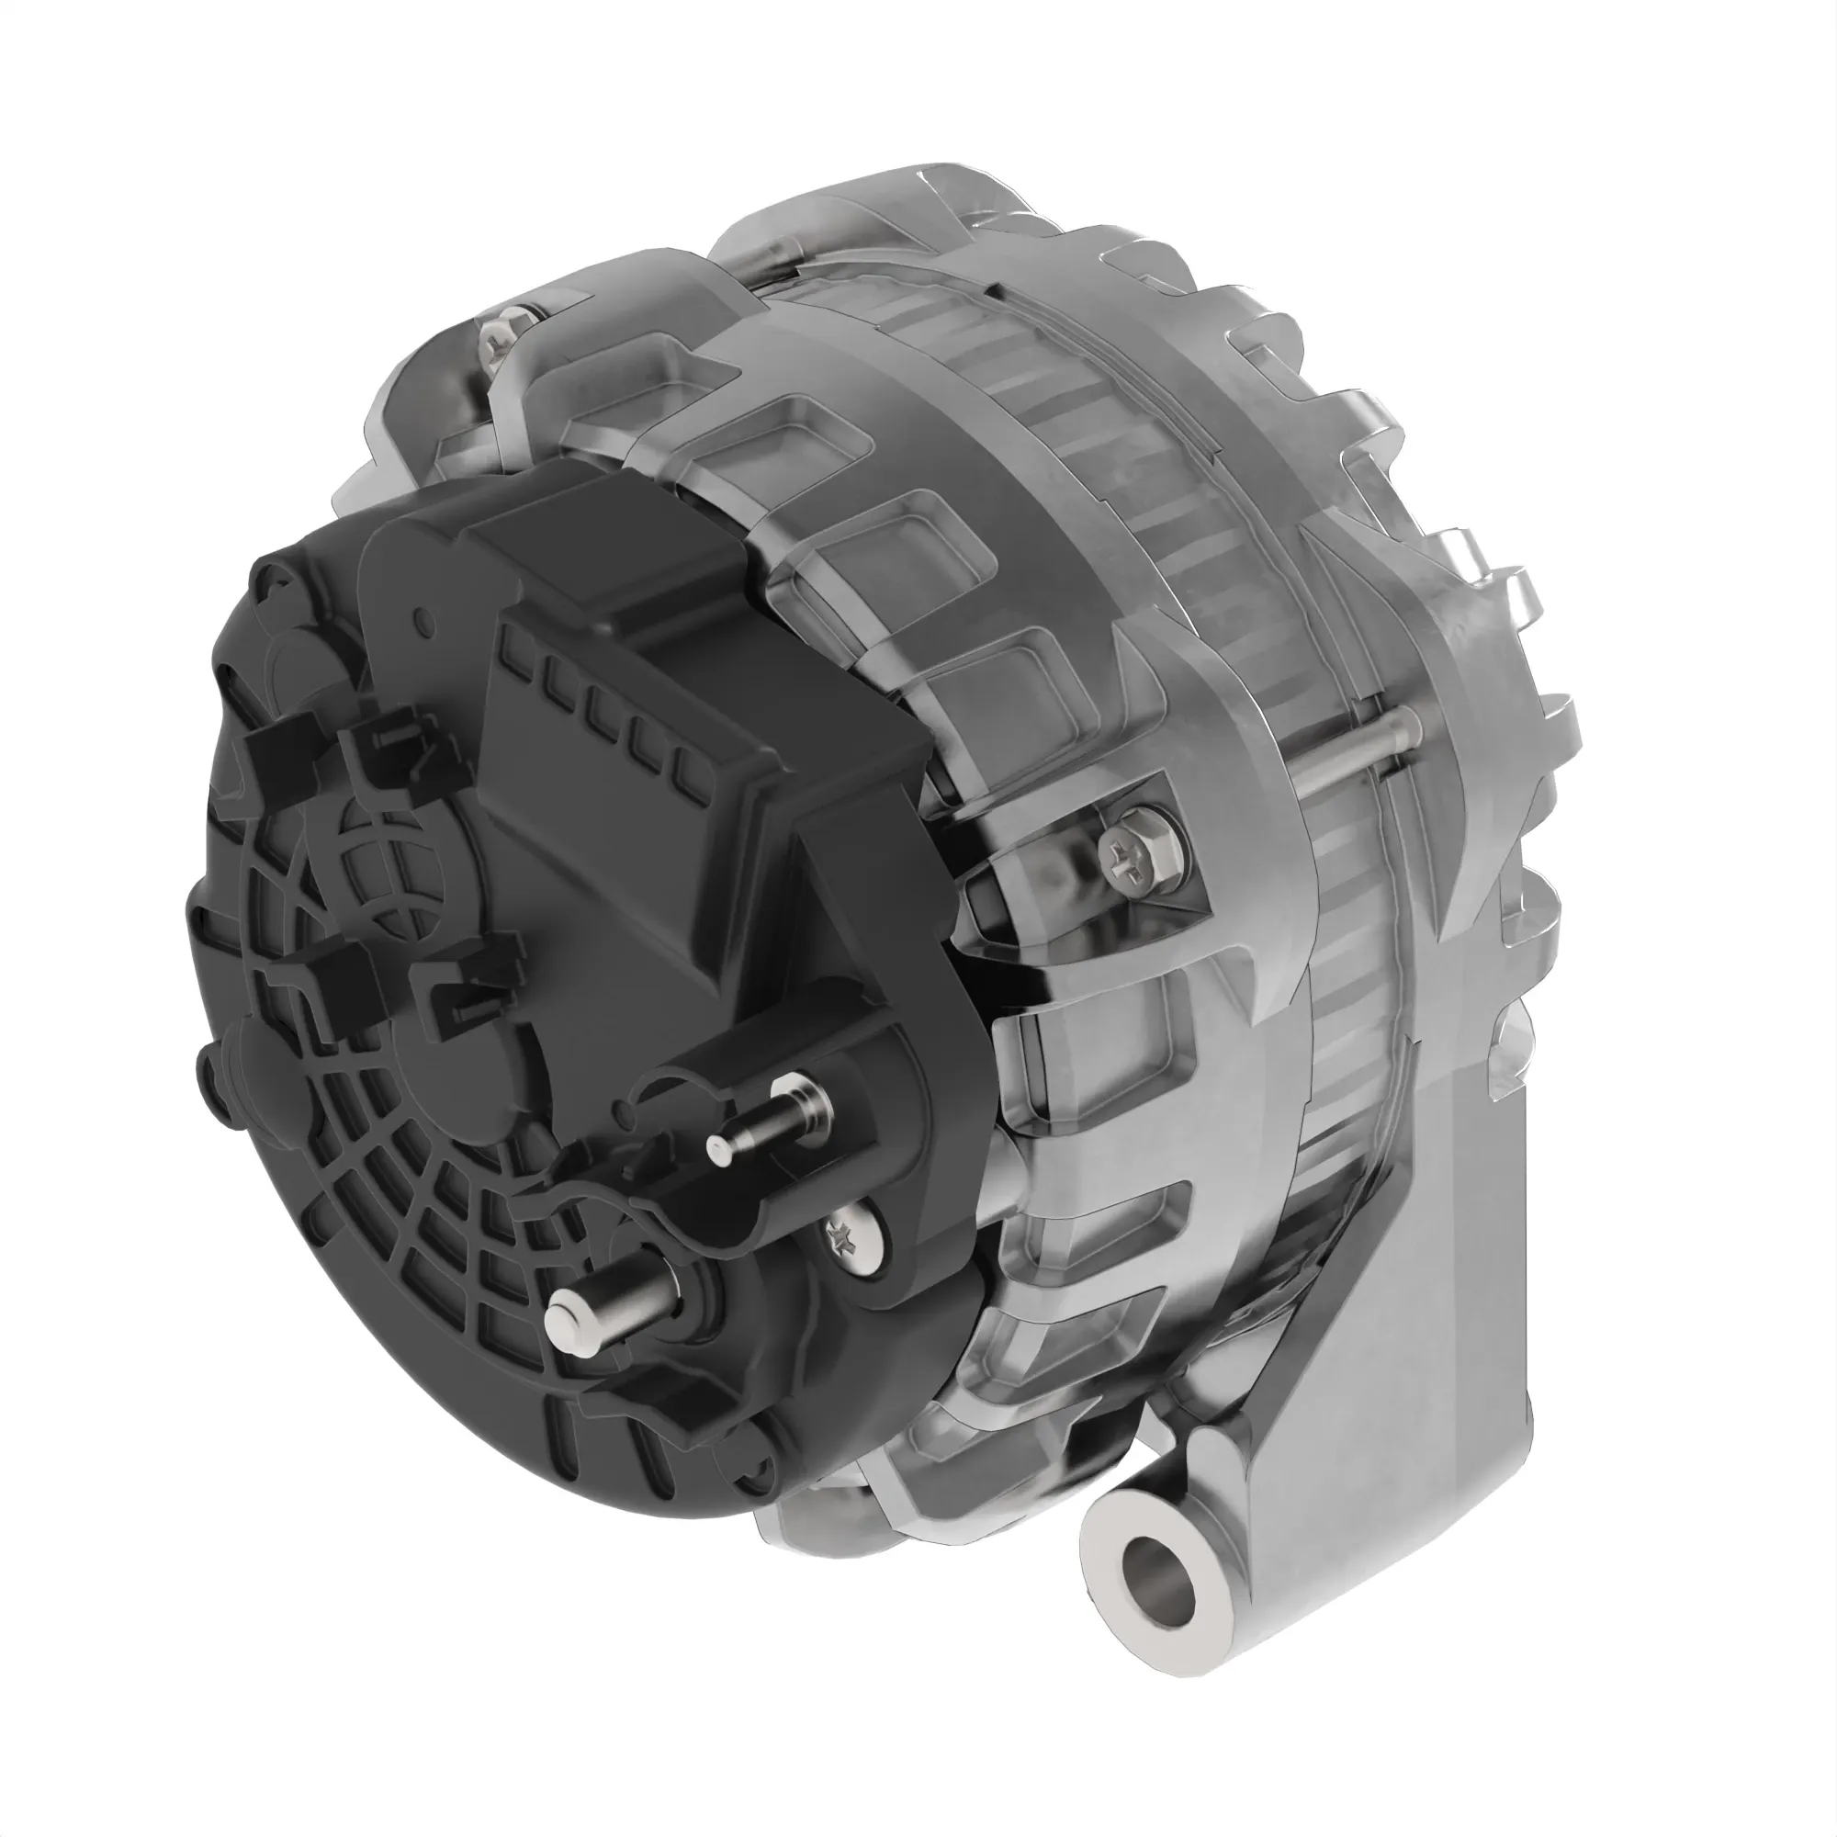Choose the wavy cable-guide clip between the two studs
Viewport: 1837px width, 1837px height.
pos(609,1198)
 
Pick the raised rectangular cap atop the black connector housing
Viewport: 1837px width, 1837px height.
pos(609,542)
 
